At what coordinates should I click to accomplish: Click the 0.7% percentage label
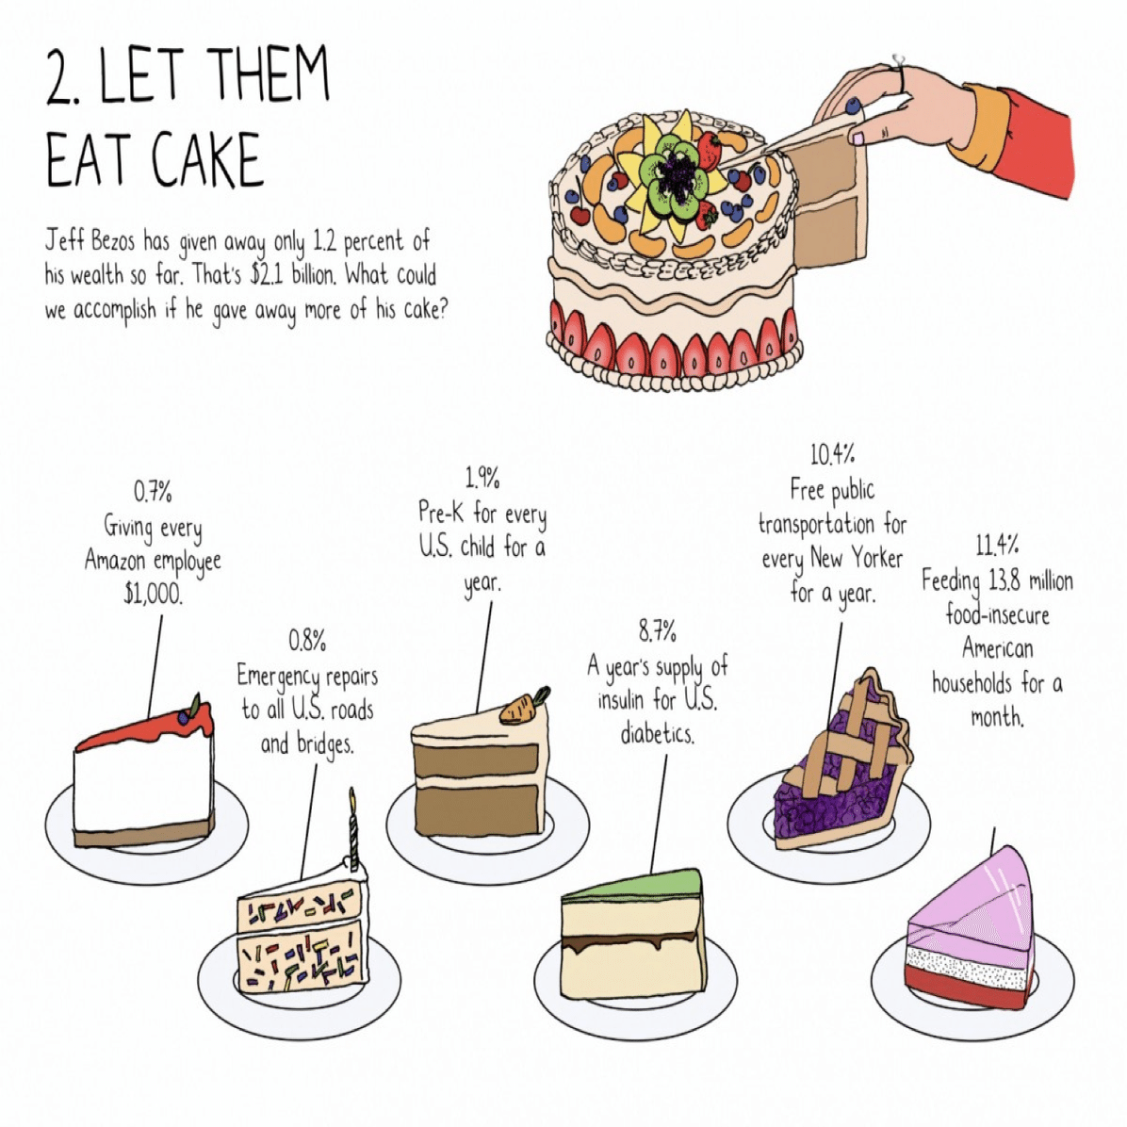(x=153, y=492)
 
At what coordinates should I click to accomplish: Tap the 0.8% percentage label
(x=307, y=640)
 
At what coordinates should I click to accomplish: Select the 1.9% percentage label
(x=482, y=477)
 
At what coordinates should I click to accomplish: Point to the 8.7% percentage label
(x=658, y=631)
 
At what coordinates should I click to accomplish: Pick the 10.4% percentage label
(x=832, y=454)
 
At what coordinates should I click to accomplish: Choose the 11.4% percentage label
(x=996, y=546)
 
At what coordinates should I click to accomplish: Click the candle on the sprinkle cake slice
(x=353, y=826)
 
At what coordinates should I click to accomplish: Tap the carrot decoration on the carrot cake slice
(x=524, y=706)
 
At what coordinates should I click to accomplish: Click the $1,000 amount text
(x=153, y=595)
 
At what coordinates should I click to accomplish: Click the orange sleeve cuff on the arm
(x=975, y=130)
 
